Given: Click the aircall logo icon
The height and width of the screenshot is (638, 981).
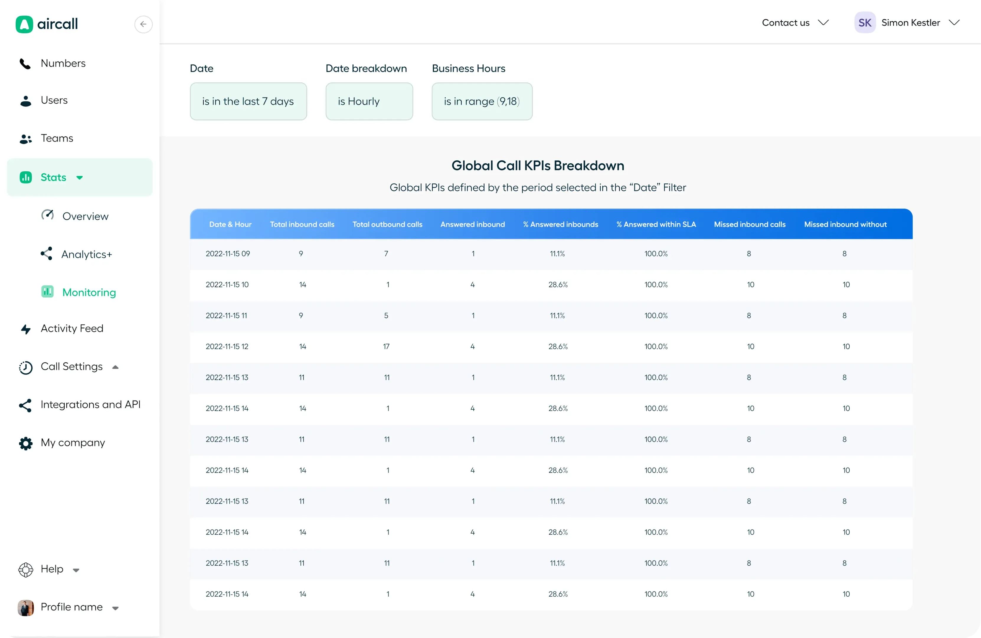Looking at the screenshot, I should [24, 24].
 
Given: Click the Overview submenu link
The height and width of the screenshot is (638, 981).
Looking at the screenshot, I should [85, 216].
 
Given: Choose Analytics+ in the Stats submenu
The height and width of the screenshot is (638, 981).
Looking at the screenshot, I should [86, 254].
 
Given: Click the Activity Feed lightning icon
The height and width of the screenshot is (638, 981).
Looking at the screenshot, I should [26, 329].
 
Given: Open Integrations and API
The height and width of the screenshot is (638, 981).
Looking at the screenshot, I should [90, 404].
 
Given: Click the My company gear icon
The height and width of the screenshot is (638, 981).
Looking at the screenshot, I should [26, 443].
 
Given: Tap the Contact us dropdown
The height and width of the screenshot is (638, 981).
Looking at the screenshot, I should [794, 23].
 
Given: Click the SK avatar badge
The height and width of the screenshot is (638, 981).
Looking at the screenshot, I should [864, 23].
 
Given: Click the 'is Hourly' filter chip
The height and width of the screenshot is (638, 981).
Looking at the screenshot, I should [369, 101].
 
